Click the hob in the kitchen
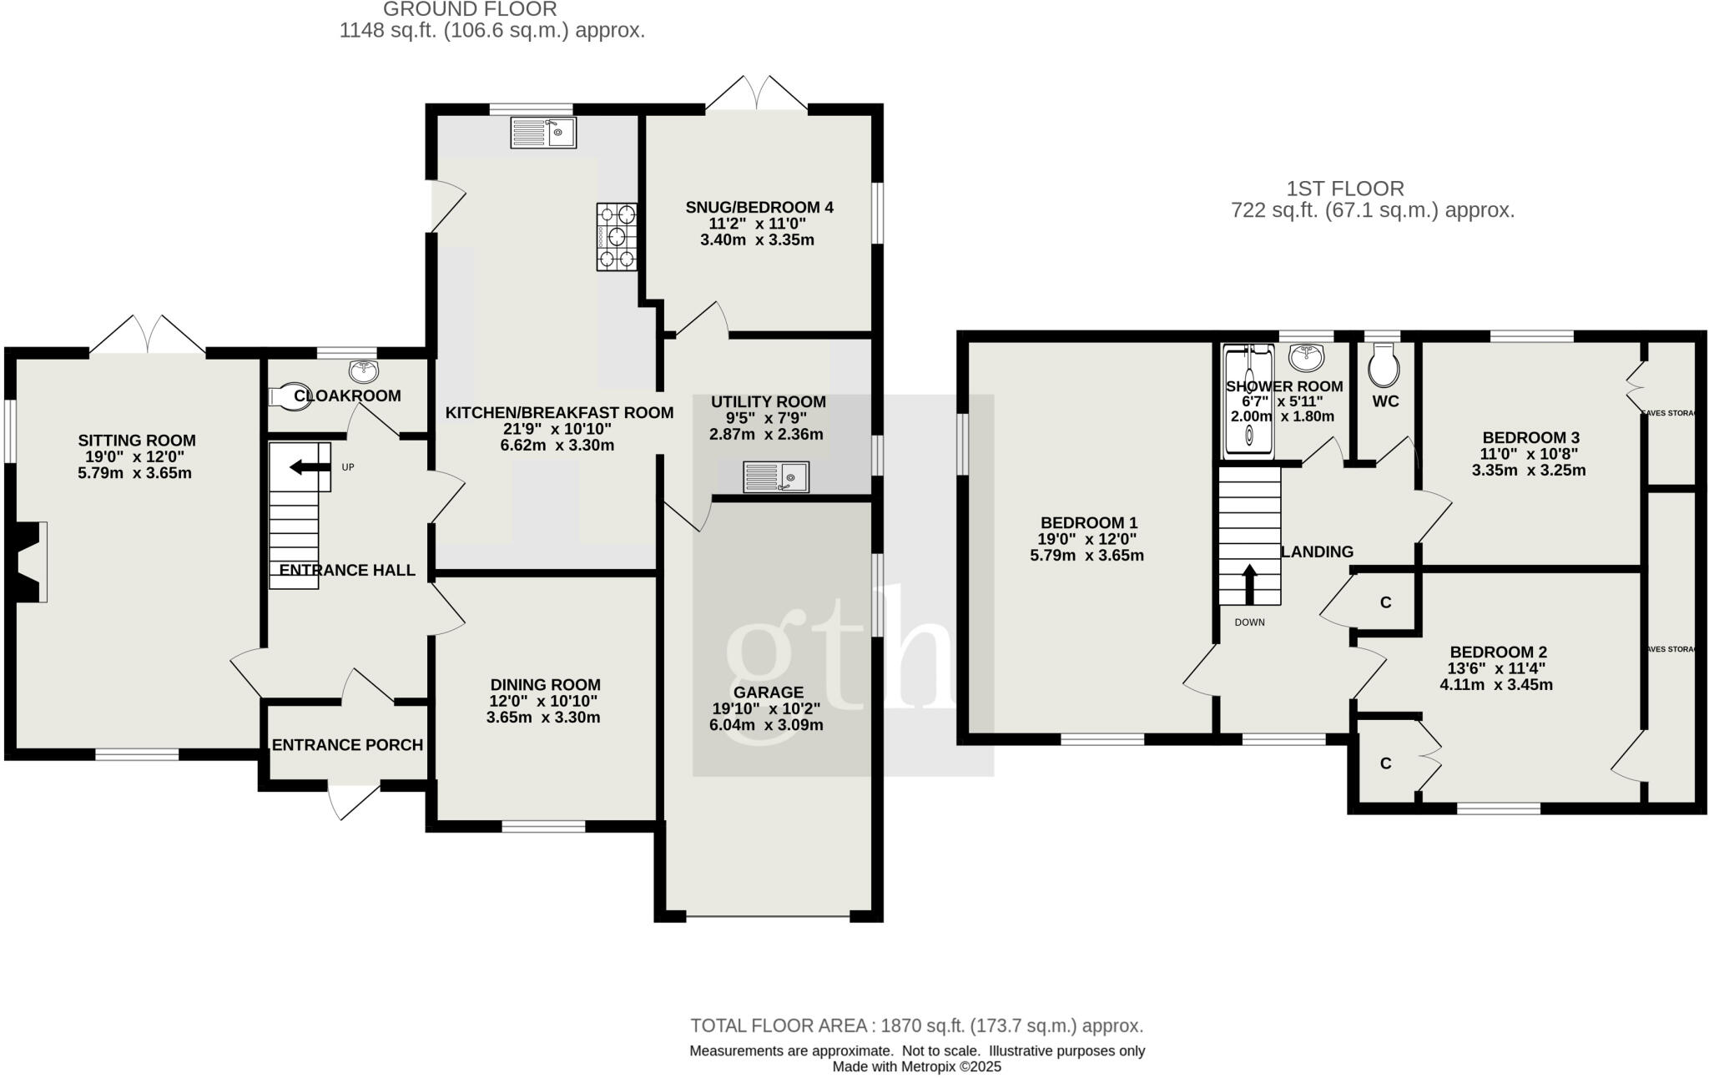pyautogui.click(x=617, y=237)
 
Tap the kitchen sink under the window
pyautogui.click(x=543, y=133)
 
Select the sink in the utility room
pyautogui.click(x=775, y=477)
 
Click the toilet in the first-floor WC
pyautogui.click(x=1384, y=368)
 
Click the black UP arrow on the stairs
pyautogui.click(x=309, y=468)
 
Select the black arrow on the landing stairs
pyautogui.click(x=1249, y=584)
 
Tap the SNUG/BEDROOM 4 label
pyautogui.click(x=759, y=208)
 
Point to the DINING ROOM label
pyautogui.click(x=545, y=685)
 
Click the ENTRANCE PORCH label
pyautogui.click(x=347, y=745)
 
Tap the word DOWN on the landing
pyautogui.click(x=1249, y=622)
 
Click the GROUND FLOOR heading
pyautogui.click(x=470, y=10)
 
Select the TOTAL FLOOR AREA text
pyautogui.click(x=916, y=1025)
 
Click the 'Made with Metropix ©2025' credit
pyautogui.click(x=916, y=1066)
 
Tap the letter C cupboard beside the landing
pyautogui.click(x=1385, y=602)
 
